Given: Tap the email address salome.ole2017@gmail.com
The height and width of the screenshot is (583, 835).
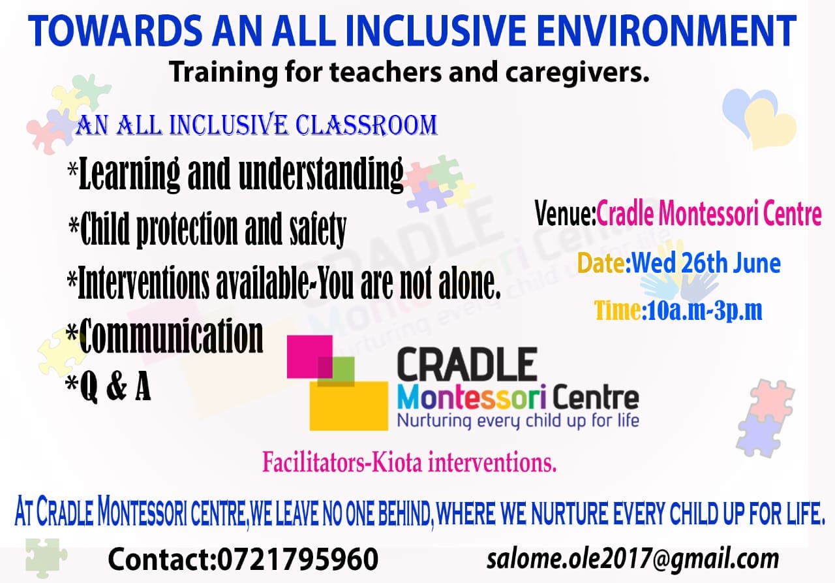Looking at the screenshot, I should tap(633, 559).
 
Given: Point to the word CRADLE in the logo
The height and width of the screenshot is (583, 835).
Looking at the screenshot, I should tap(467, 366).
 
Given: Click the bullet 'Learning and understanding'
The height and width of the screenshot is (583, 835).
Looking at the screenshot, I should tap(235, 174).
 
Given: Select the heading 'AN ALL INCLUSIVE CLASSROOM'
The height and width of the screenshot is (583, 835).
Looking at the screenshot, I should tap(256, 125).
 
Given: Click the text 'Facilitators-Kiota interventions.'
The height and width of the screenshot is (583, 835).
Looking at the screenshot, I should tap(409, 462).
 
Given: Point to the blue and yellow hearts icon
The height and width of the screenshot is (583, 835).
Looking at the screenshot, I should tap(759, 116).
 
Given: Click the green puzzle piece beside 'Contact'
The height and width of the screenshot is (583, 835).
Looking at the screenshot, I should tap(46, 557).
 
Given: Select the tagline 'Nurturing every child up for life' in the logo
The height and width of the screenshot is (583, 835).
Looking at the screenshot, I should tap(518, 419).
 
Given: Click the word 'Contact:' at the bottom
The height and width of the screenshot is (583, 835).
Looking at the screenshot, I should tap(160, 559).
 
